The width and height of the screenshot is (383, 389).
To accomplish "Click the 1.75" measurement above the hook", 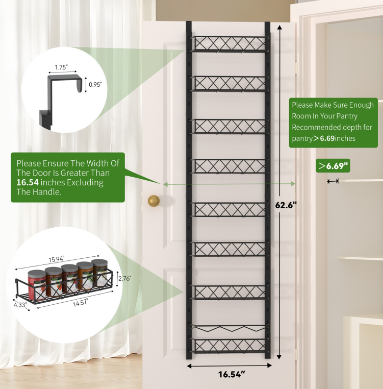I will click(61, 66).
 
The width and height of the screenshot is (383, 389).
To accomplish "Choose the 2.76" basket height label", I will click(125, 278).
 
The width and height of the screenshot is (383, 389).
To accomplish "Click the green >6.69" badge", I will click(334, 166).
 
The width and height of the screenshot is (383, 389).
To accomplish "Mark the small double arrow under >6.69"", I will click(333, 181).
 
